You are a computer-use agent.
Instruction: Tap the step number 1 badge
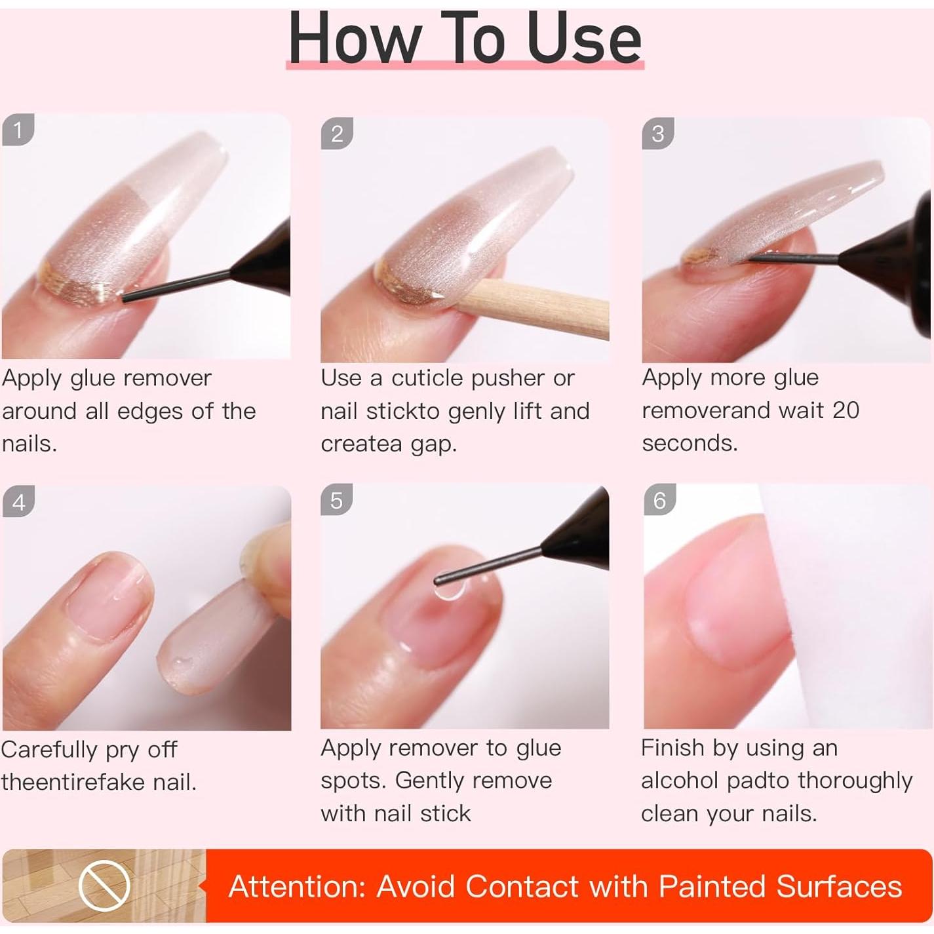click(x=18, y=129)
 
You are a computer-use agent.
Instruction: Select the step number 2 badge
click(x=337, y=134)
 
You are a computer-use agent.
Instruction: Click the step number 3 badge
click(x=658, y=134)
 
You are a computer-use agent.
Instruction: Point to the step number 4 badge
click(x=18, y=502)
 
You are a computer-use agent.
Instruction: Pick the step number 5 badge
click(x=336, y=501)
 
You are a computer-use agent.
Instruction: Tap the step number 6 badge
click(x=659, y=501)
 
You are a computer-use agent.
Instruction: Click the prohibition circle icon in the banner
click(x=105, y=886)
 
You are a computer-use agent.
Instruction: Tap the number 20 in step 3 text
click(x=845, y=410)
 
